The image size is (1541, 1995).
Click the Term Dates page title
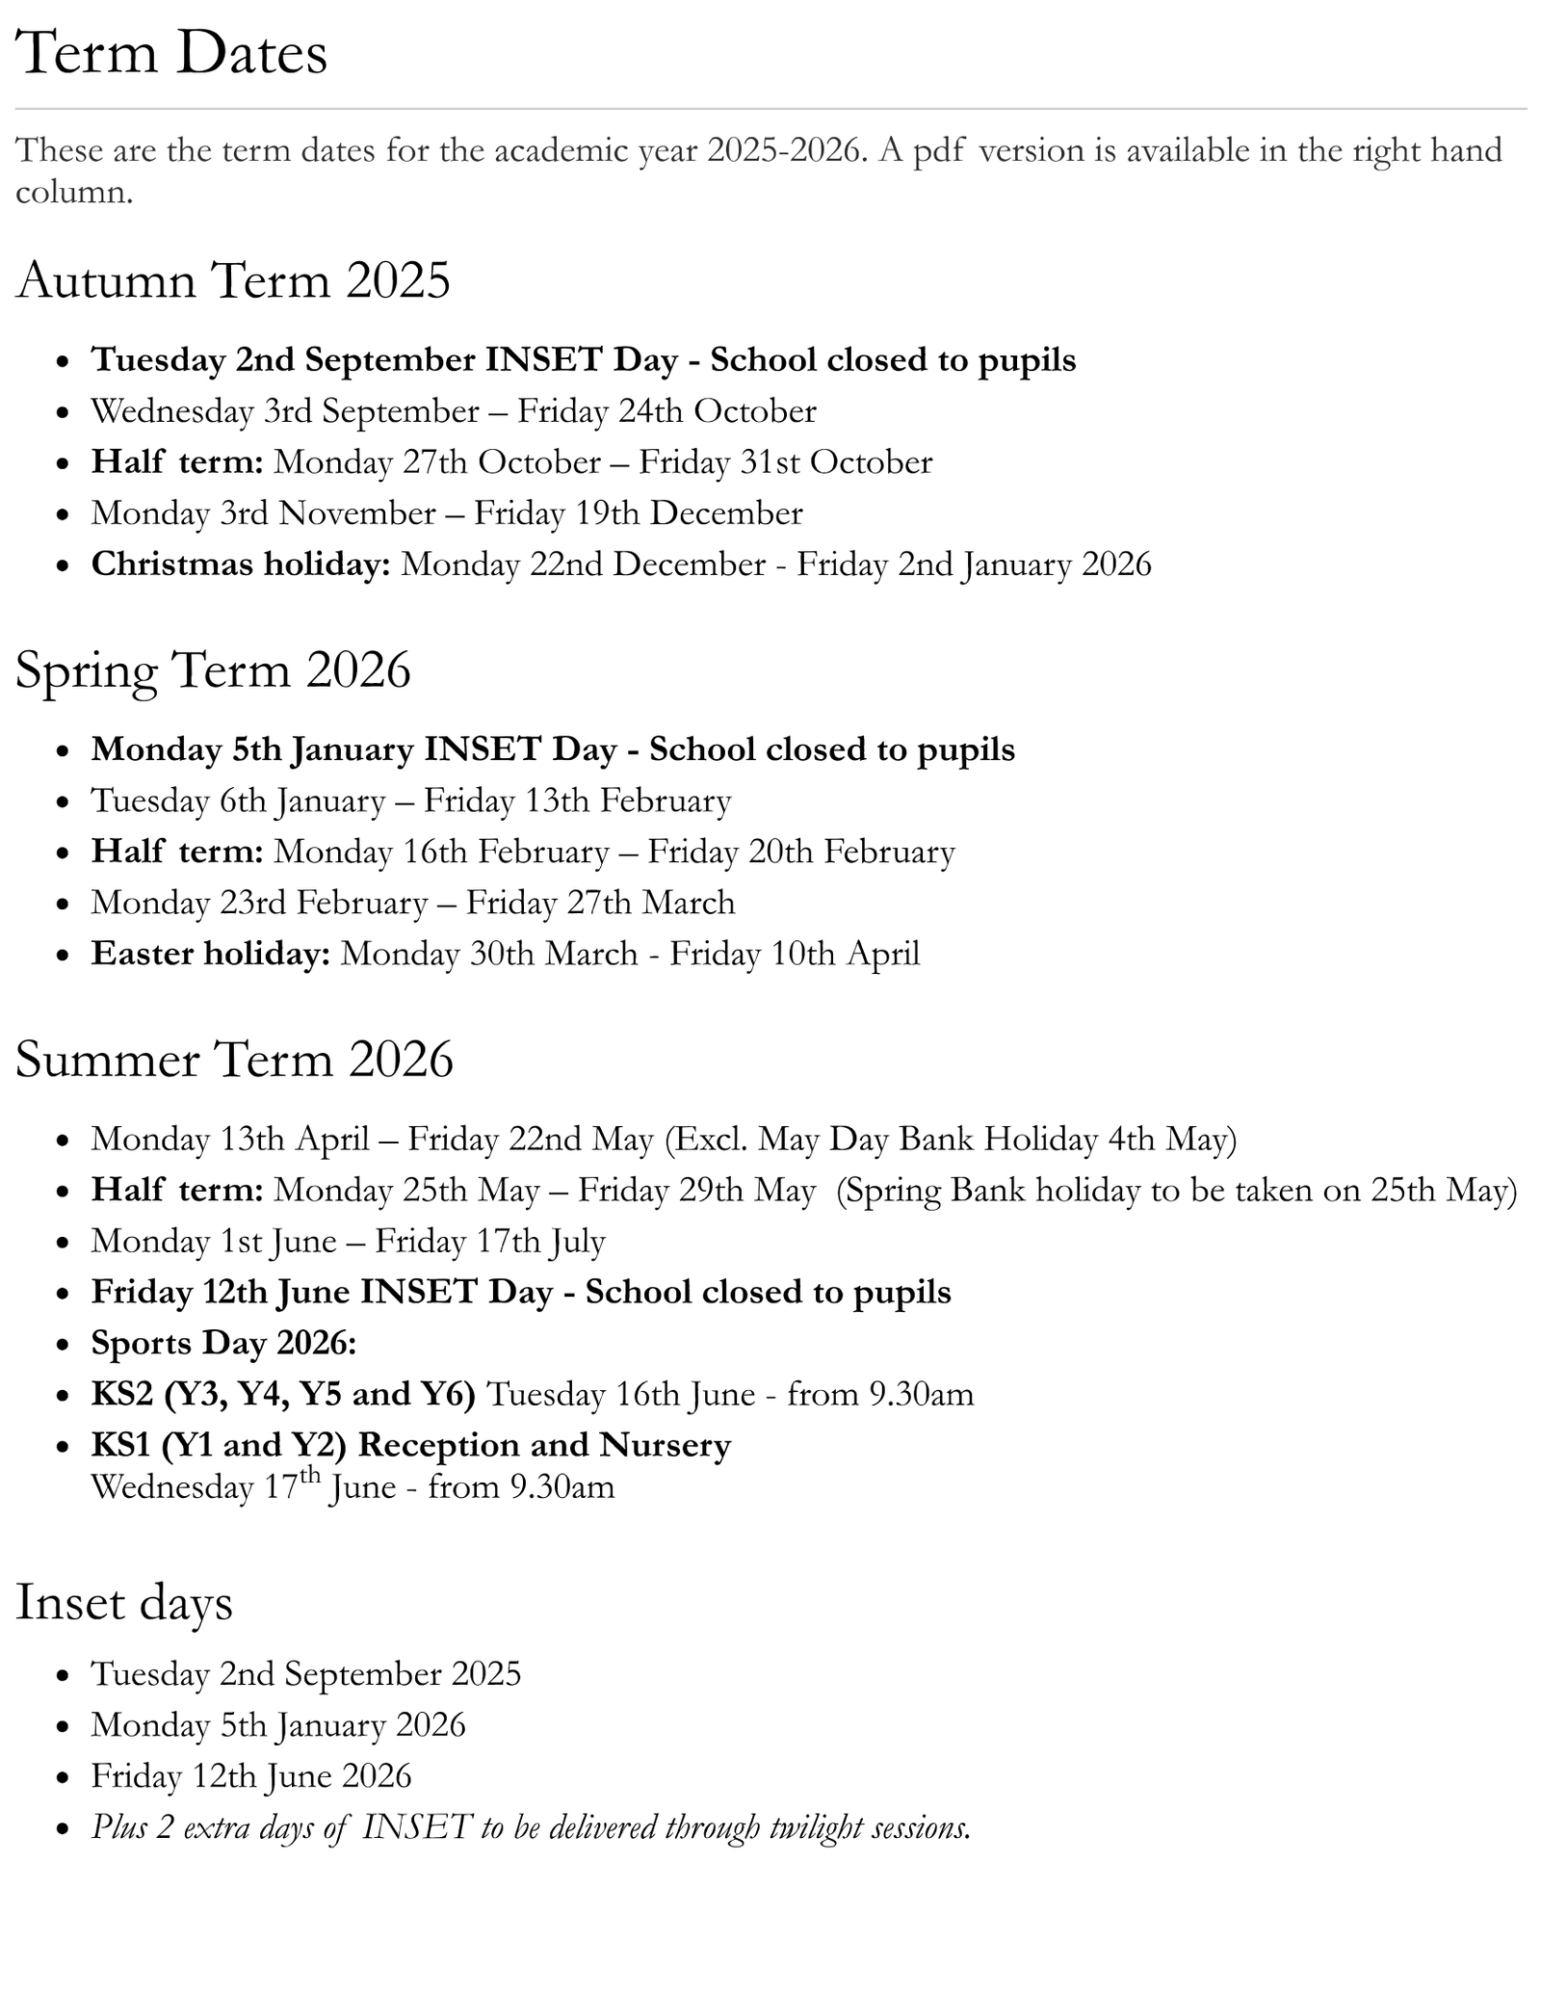click(x=171, y=53)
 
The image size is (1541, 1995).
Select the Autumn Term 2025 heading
click(x=233, y=280)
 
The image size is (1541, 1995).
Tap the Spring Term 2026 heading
click(x=213, y=669)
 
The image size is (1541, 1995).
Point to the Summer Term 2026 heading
click(x=234, y=1060)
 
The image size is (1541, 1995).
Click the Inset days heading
click(x=124, y=1602)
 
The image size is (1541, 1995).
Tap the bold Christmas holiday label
click(x=241, y=564)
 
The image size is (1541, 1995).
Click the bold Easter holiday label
click(x=211, y=954)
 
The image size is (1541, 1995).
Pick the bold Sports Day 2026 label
click(x=223, y=1343)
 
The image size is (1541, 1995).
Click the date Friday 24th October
click(x=666, y=411)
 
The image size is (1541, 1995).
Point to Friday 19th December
click(x=638, y=513)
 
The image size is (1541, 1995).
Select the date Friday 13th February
click(x=577, y=801)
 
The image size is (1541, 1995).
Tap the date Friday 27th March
click(x=600, y=903)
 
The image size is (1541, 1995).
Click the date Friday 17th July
click(x=489, y=1241)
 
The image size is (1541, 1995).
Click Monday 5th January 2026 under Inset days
click(x=278, y=1725)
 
